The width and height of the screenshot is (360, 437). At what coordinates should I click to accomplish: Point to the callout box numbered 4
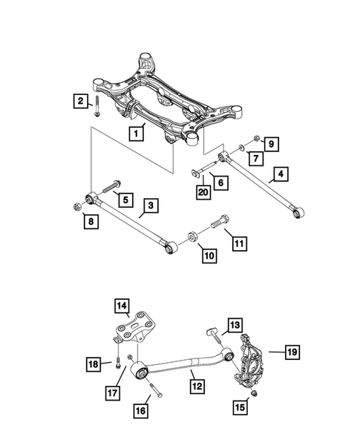click(x=281, y=176)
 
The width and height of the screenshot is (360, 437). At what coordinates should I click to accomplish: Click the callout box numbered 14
click(x=121, y=305)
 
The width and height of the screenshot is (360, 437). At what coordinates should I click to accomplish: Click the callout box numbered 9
click(x=271, y=143)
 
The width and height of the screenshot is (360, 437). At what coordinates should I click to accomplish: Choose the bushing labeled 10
click(x=191, y=237)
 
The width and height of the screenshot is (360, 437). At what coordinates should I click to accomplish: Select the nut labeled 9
click(x=255, y=139)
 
